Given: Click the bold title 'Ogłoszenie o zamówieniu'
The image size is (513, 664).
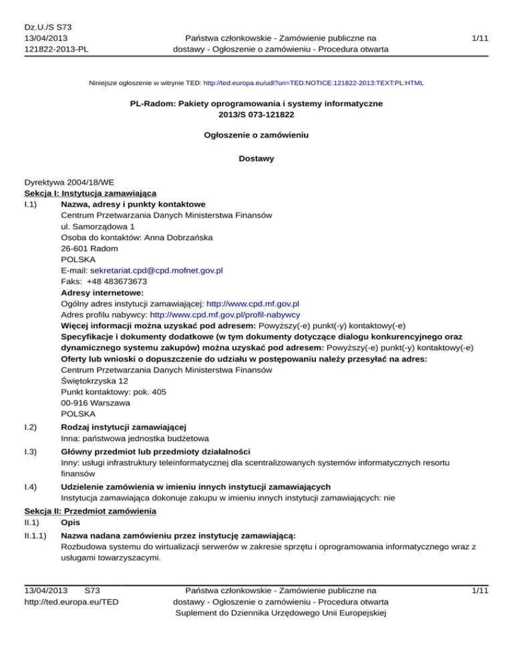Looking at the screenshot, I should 256,135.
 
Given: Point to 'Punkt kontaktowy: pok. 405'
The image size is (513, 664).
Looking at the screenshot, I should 114,392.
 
